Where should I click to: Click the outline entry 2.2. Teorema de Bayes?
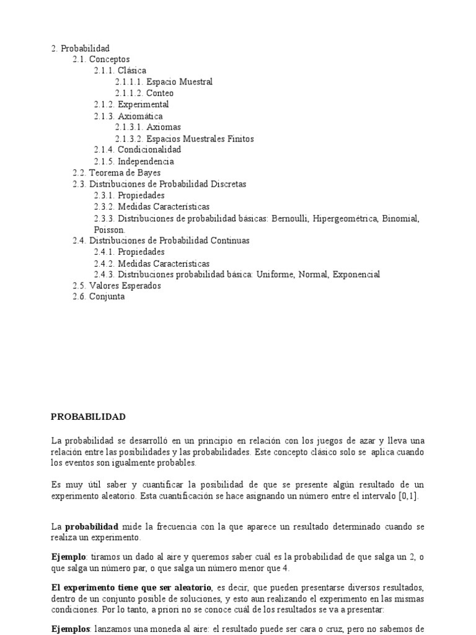(117, 172)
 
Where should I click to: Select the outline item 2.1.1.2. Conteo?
(144, 93)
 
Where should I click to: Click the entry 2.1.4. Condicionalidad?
(138, 149)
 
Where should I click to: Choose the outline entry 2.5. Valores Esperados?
(117, 286)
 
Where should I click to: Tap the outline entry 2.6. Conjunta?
(99, 297)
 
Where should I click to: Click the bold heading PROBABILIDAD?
(88, 417)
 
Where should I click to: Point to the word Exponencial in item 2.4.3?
(356, 274)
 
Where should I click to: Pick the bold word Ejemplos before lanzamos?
(71, 628)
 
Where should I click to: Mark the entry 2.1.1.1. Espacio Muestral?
(164, 82)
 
